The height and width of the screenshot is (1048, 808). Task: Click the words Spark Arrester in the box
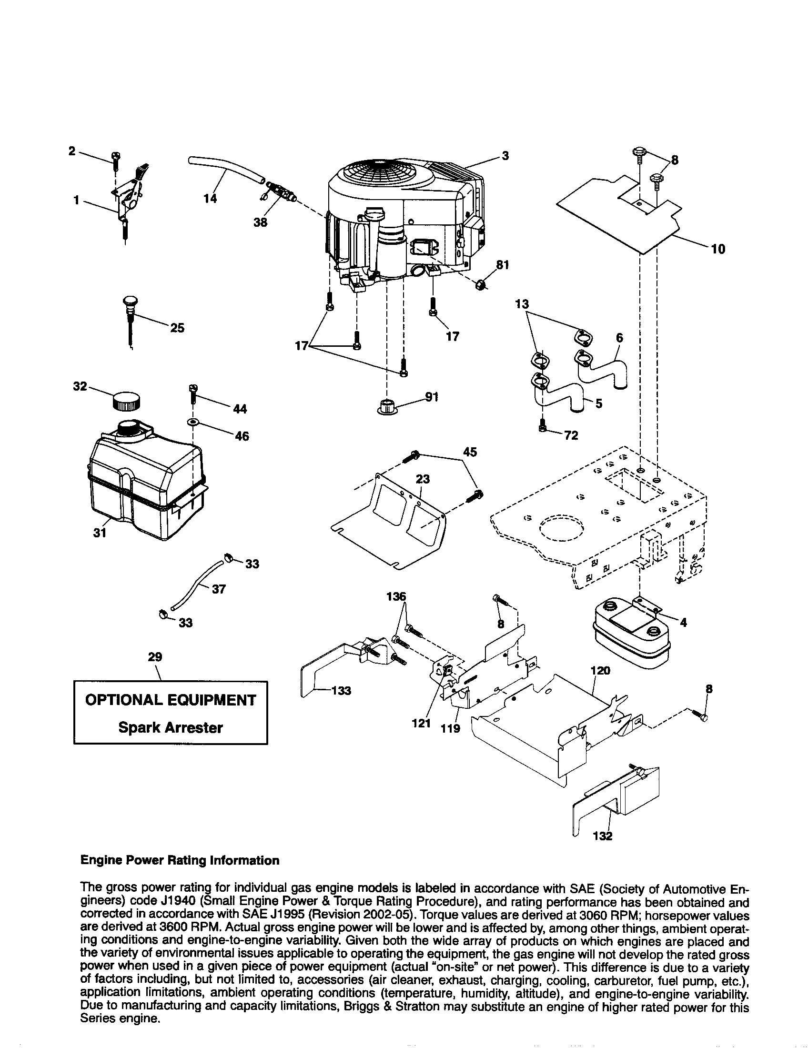(171, 728)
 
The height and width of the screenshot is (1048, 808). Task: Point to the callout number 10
(718, 249)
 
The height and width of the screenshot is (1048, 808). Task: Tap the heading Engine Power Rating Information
(180, 860)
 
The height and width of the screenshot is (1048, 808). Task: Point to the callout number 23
(423, 479)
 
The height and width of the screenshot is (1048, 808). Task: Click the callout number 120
(600, 670)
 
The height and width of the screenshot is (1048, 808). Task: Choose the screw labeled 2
(116, 158)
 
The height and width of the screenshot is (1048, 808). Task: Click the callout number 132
(603, 836)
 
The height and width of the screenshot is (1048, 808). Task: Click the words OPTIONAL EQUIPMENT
(171, 700)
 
